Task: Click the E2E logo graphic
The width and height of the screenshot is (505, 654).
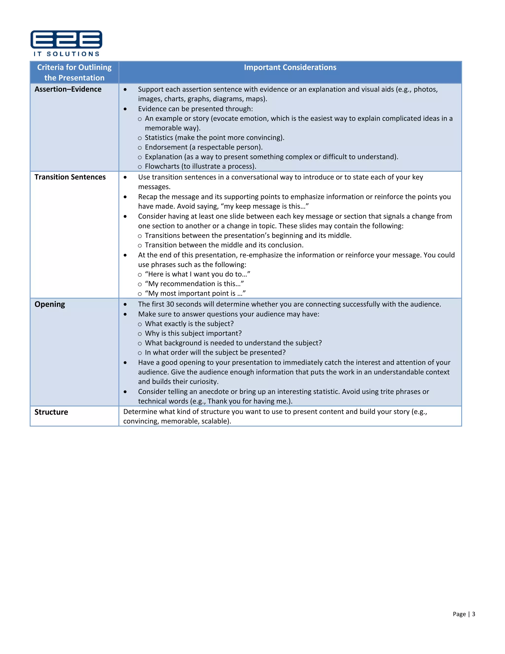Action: coord(66,39)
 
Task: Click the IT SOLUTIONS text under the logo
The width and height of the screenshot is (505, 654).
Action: coord(66,54)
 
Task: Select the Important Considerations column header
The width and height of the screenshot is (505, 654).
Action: coord(290,67)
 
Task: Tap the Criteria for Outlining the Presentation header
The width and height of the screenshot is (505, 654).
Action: coord(74,73)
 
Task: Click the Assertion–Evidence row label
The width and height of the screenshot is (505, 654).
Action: coord(68,89)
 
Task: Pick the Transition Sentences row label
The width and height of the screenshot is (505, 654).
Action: coord(70,177)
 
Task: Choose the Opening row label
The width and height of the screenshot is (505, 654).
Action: coord(50,304)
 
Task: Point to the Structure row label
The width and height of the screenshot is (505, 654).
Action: coord(51,412)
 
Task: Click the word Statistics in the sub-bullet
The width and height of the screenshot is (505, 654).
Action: coord(159,138)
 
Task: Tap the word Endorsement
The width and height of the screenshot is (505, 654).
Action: coord(166,147)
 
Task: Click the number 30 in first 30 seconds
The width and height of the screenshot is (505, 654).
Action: coord(170,304)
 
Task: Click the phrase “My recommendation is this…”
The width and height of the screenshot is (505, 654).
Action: coord(195,284)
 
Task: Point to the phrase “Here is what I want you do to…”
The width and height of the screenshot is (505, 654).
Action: coord(198,274)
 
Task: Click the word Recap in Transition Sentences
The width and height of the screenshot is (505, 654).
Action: coord(147,197)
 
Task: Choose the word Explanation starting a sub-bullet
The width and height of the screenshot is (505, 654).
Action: coord(163,157)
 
